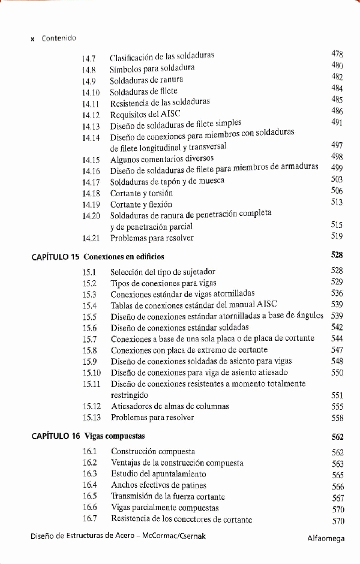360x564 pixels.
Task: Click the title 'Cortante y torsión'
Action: pyautogui.click(x=142, y=193)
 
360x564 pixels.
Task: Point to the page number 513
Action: pyautogui.click(x=337, y=202)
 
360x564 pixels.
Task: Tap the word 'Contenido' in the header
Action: pyautogui.click(x=59, y=38)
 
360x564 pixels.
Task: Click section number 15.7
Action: pyautogui.click(x=89, y=338)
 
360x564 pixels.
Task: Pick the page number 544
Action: pyautogui.click(x=337, y=338)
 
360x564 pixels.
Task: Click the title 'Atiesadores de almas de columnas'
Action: pyautogui.click(x=169, y=406)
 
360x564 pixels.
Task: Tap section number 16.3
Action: pyautogui.click(x=89, y=474)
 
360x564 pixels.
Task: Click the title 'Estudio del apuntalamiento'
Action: pyautogui.click(x=158, y=474)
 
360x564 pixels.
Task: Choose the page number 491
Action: pyautogui.click(x=337, y=122)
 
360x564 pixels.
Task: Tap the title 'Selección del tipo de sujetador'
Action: pyautogui.click(x=163, y=271)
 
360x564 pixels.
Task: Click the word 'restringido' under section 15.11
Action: pyautogui.click(x=130, y=395)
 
